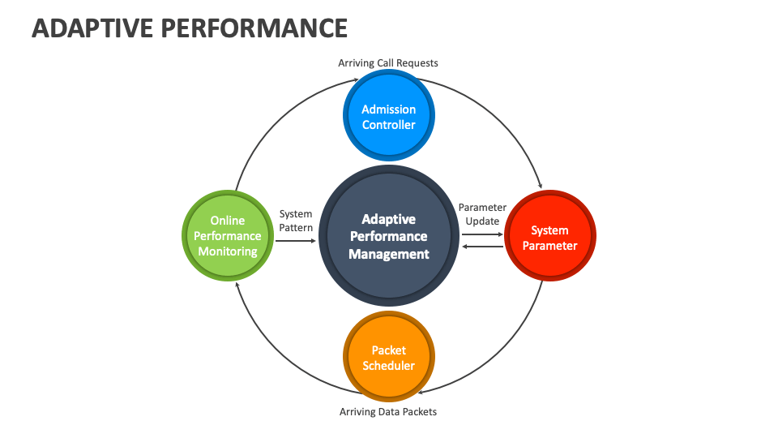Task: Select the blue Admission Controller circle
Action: click(389, 116)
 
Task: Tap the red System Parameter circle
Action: click(550, 237)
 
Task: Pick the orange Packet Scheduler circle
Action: click(389, 358)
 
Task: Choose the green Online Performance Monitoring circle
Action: click(228, 236)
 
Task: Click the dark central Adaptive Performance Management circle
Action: click(389, 236)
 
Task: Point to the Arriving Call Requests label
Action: click(388, 63)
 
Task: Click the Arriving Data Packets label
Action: click(388, 412)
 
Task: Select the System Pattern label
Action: click(296, 221)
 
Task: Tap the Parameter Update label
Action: click(482, 214)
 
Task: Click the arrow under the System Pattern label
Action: click(296, 240)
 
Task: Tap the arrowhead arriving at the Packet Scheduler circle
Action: click(429, 390)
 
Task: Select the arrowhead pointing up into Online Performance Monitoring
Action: click(236, 286)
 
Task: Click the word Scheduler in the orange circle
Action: click(389, 366)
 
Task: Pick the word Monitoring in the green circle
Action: click(228, 251)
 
